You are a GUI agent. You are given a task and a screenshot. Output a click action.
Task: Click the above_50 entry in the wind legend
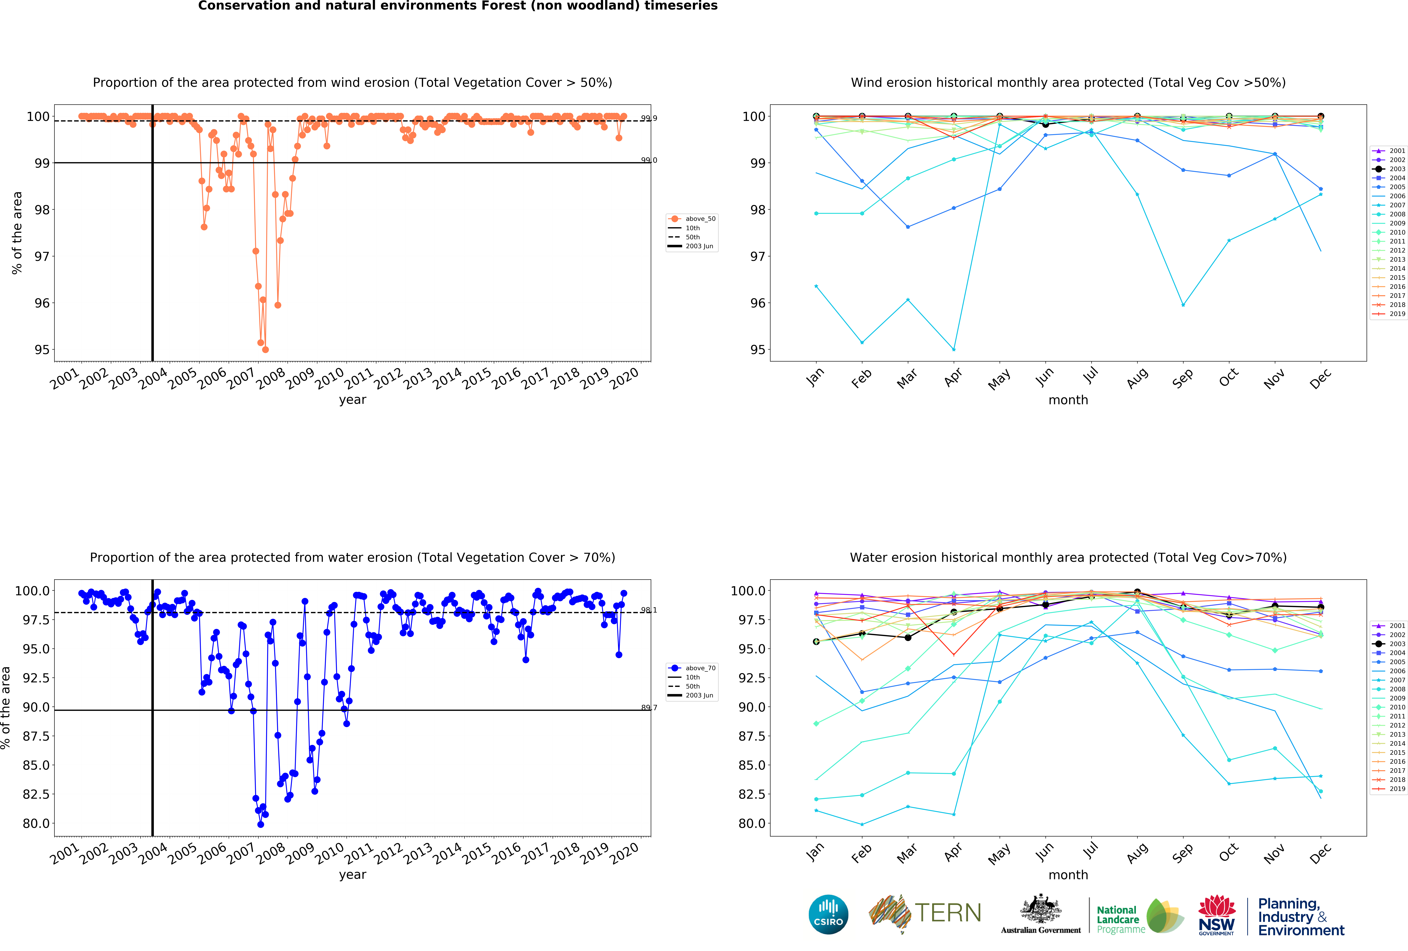tap(700, 219)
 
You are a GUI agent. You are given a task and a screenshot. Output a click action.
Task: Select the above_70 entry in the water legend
tap(700, 668)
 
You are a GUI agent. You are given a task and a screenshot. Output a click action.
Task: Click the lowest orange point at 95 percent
tap(265, 349)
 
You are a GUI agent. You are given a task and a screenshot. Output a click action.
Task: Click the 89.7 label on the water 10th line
tap(649, 708)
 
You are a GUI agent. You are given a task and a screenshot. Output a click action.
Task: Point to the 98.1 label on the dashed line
tap(649, 610)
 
